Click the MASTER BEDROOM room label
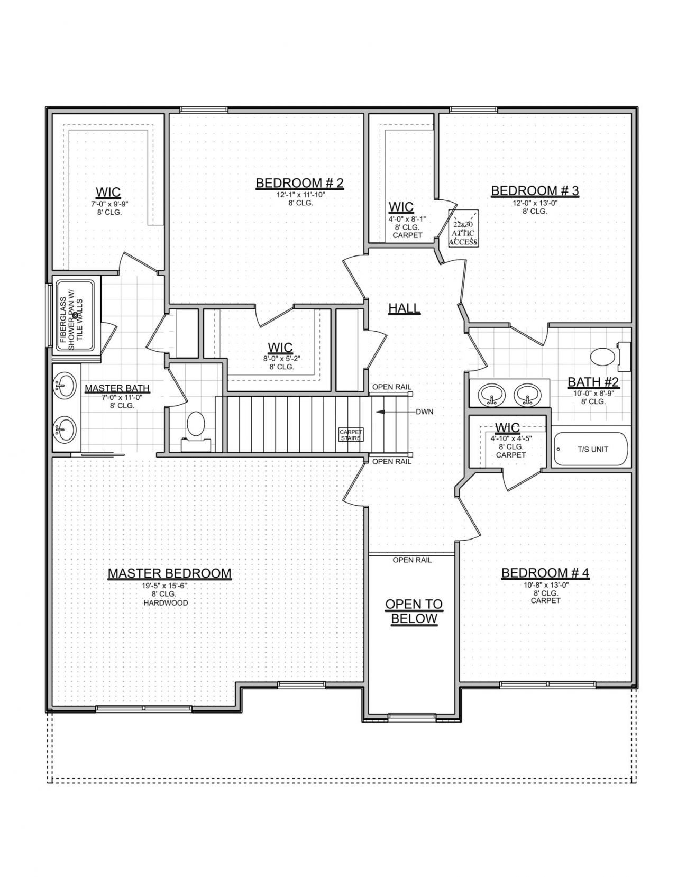pyautogui.click(x=169, y=573)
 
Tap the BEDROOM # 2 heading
pyautogui.click(x=299, y=183)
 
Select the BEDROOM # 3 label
pyautogui.click(x=535, y=191)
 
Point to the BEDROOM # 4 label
pyautogui.click(x=545, y=573)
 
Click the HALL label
pyautogui.click(x=404, y=308)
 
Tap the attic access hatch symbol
pyautogui.click(x=463, y=228)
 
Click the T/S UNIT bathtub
pyautogui.click(x=591, y=449)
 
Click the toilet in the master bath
pyautogui.click(x=196, y=430)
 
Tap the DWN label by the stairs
pyautogui.click(x=424, y=412)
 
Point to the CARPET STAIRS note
pyautogui.click(x=351, y=435)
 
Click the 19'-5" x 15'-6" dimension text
pyautogui.click(x=166, y=585)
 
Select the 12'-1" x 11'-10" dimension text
pyautogui.click(x=300, y=195)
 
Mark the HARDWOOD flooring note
pyautogui.click(x=166, y=603)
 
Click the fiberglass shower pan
pyautogui.click(x=75, y=315)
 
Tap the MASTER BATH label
pyautogui.click(x=117, y=388)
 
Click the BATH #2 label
pyautogui.click(x=593, y=381)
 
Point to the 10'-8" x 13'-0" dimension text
pyautogui.click(x=545, y=585)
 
